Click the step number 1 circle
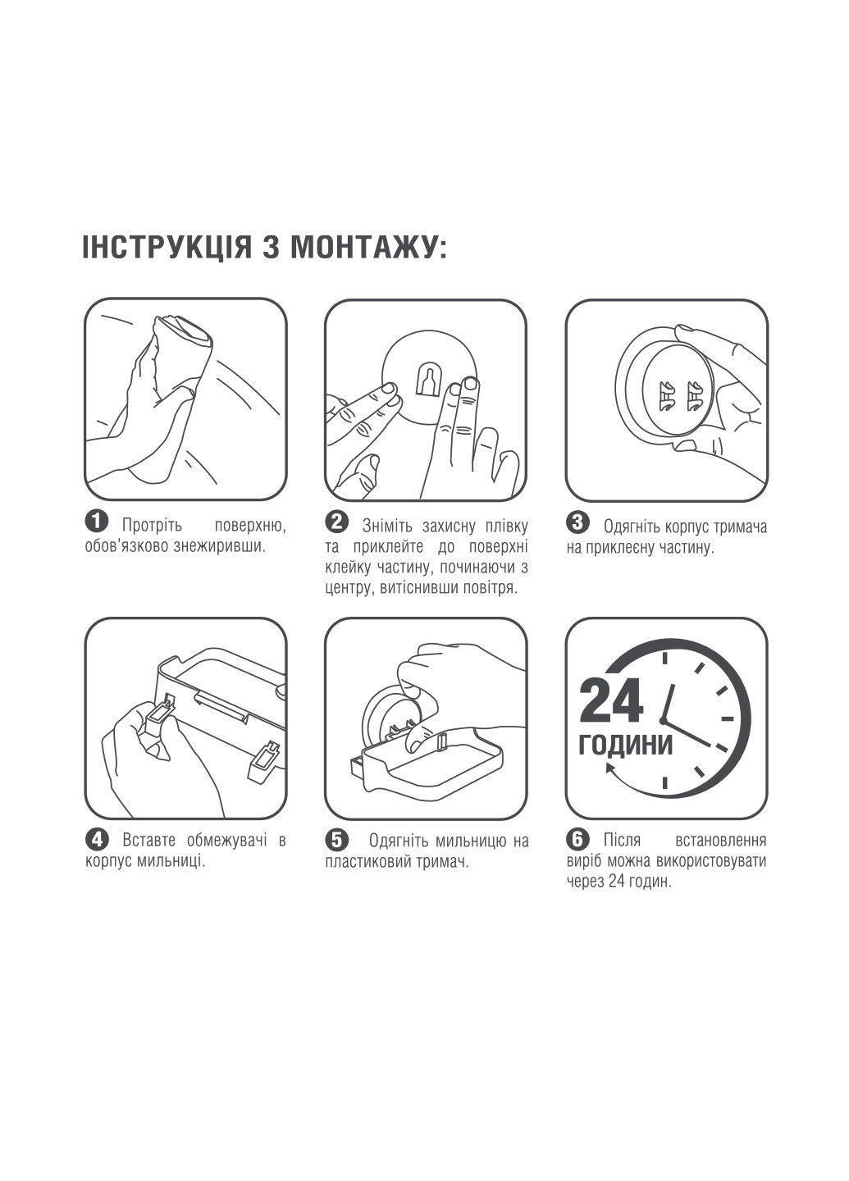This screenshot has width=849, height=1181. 97,522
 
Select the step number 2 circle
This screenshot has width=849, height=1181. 336,522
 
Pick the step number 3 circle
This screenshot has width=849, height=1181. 577,522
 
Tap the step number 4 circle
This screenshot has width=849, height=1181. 97,839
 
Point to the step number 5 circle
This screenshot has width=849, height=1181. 336,839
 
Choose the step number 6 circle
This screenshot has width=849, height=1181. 577,838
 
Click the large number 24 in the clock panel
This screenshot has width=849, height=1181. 612,702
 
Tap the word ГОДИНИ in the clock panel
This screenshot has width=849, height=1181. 626,745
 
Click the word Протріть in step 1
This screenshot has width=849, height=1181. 153,525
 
